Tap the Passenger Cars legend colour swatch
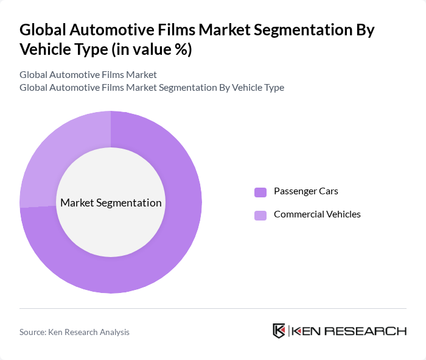point(260,192)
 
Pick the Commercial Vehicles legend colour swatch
point(260,215)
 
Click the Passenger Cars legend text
point(306,191)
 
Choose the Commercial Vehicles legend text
point(317,214)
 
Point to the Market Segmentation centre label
point(111,203)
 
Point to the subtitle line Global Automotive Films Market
point(88,74)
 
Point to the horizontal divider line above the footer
point(213,309)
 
